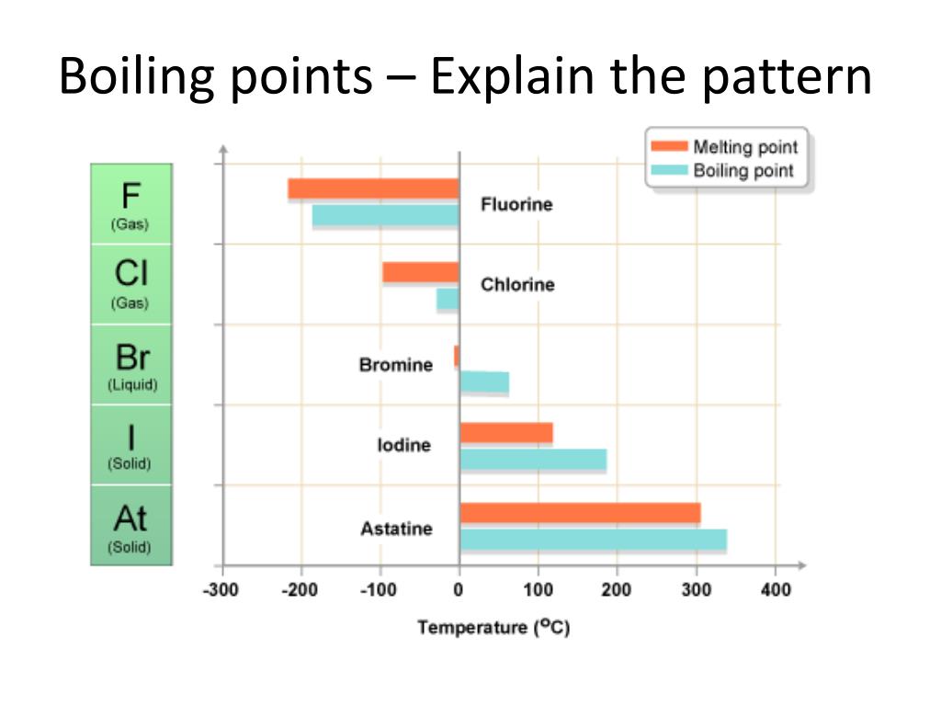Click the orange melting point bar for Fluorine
point(373,188)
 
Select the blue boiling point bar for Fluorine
point(385,216)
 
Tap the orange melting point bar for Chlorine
point(420,272)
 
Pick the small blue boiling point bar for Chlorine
point(448,299)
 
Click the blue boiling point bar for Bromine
point(484,382)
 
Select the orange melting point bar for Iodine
point(505,433)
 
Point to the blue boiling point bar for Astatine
point(593,541)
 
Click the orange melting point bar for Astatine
point(580,513)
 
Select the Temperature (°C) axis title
point(493,628)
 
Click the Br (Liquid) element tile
point(130,365)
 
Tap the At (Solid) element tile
point(130,526)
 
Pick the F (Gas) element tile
point(130,204)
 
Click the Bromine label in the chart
point(395,365)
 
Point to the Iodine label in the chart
point(403,446)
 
